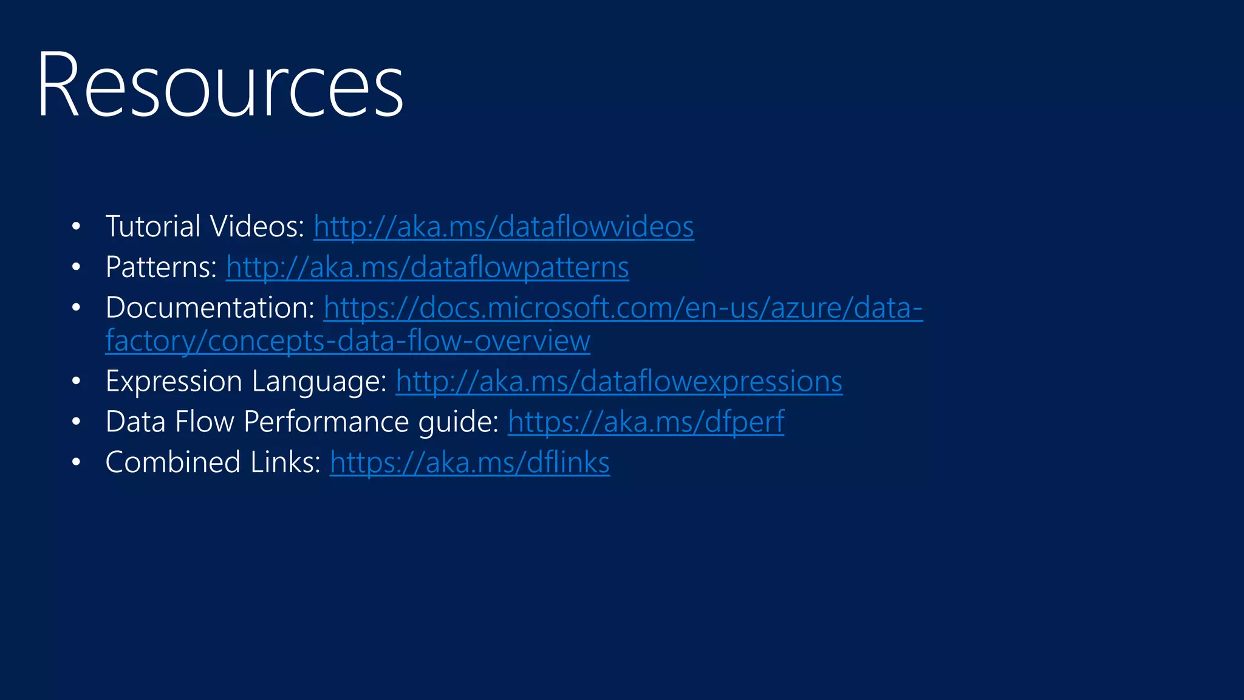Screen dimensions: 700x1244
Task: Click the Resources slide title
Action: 220,85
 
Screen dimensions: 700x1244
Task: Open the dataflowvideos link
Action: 504,227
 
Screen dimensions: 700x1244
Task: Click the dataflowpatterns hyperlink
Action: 427,267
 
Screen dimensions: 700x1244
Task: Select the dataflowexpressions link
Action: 619,382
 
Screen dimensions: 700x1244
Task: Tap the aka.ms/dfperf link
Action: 646,422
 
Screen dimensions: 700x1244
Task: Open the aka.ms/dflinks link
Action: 470,463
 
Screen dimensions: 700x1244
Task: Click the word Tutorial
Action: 153,227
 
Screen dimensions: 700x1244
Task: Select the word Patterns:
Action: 161,267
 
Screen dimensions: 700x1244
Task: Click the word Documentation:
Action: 210,308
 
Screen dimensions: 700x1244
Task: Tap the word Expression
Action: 174,382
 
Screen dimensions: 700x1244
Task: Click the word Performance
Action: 326,422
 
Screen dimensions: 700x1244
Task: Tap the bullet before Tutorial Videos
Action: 76,227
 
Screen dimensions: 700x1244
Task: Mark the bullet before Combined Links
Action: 76,463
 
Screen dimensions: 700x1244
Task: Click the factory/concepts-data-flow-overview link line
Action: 347,341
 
